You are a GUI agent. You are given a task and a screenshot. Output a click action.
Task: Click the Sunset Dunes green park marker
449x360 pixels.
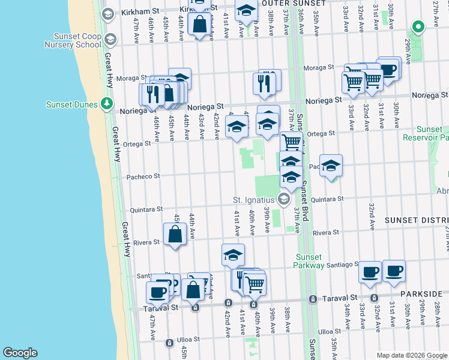(107, 104)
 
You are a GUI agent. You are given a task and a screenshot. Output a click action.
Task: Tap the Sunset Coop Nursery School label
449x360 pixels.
(73, 40)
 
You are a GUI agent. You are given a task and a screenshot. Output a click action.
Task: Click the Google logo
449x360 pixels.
(20, 353)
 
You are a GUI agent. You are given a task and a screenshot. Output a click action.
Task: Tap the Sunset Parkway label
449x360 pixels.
(309, 261)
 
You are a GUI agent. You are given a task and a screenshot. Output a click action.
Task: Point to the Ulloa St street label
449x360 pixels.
(330, 331)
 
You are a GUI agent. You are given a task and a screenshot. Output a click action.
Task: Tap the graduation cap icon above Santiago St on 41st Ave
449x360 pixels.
(233, 255)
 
